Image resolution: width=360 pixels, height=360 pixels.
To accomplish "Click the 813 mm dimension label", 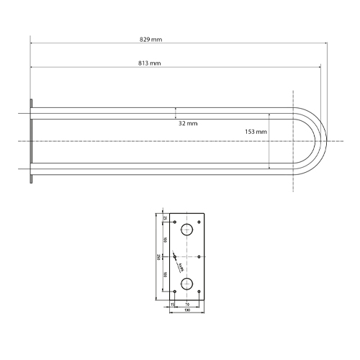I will (149, 64).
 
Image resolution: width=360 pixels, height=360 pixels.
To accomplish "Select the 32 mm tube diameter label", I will (187, 124).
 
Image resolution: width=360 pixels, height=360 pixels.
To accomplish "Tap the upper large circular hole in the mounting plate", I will (187, 230).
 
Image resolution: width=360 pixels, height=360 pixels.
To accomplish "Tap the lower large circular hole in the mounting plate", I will (187, 283).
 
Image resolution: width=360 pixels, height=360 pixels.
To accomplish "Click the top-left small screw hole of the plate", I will (174, 221).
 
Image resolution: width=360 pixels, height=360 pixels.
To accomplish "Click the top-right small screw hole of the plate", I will (199, 221).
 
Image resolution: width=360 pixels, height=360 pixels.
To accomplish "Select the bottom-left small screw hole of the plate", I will (174, 292).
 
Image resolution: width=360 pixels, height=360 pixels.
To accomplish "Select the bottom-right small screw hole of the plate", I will (199, 292).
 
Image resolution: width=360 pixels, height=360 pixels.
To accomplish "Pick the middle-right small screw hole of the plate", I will (199, 256).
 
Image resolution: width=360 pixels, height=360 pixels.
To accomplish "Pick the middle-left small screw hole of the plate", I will (174, 256).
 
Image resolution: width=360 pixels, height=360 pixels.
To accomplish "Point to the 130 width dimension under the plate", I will (187, 311).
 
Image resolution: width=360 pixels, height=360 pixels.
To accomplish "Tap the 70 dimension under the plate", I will (187, 304).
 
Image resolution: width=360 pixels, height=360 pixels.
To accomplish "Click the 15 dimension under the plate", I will (172, 304).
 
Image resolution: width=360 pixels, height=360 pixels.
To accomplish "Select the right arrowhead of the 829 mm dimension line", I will (328, 41).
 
